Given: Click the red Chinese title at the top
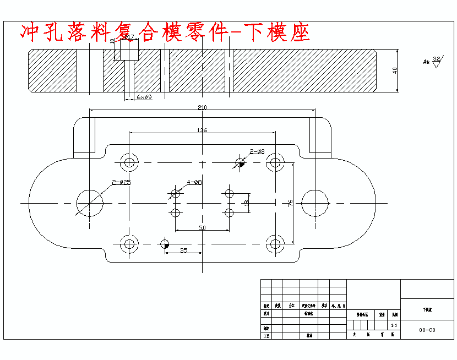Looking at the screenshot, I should pos(165,33).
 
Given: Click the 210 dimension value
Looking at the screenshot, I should pos(202,107).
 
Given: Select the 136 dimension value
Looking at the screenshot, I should pos(202,130).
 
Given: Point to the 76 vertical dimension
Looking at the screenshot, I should pos(290,202).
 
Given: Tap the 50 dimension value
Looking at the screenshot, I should pos(202,227).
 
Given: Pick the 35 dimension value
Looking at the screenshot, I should pos(183,250).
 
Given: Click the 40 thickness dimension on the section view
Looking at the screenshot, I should pos(395,70).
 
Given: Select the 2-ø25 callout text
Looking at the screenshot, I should pos(121,182).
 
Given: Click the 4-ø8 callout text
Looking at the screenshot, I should pos(194,182).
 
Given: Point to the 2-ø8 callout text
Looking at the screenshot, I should pos(257,151).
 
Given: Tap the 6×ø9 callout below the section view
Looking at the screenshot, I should pos(144,97).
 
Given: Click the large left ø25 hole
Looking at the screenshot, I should pos(90,203).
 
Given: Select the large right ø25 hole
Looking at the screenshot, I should pos(315,203).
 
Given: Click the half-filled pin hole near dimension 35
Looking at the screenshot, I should pos(164,243).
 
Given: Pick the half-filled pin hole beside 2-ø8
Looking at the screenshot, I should pos(240,162).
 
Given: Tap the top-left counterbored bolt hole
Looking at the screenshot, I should pos(129,162).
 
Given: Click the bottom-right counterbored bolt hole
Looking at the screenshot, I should pos(274,243).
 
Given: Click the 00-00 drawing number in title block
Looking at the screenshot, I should pos(427,330).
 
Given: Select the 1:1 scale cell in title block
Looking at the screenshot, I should pos(394,326).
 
